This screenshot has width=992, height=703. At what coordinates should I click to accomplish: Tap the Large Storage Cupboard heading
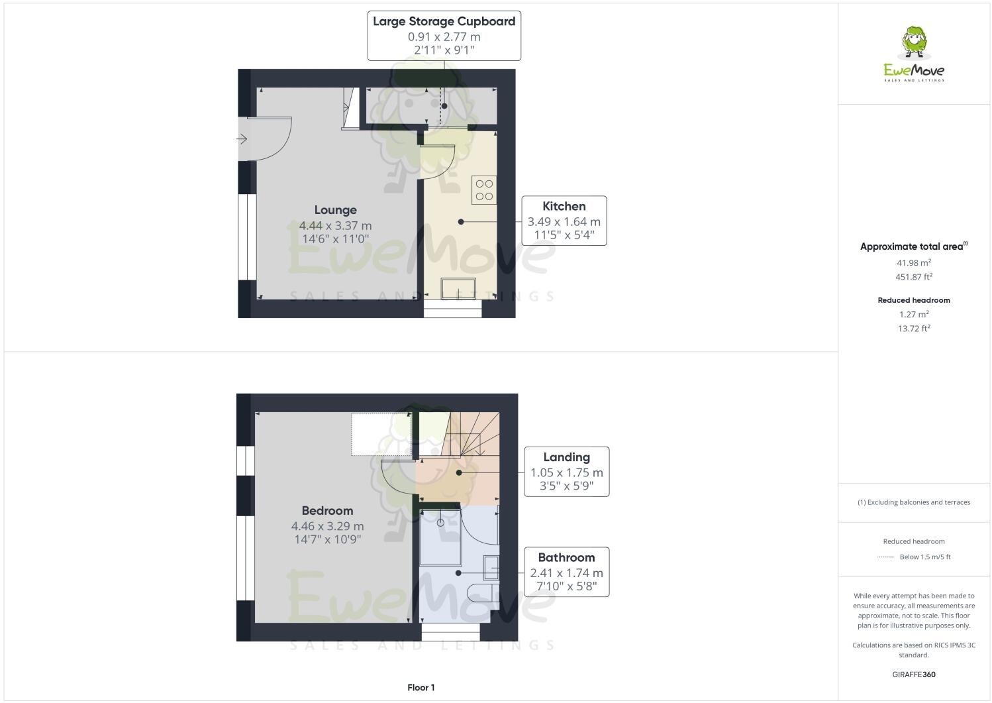[x=444, y=21]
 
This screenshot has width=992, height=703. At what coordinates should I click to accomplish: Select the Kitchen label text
[x=564, y=206]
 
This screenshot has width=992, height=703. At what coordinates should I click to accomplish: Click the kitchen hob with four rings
[x=484, y=190]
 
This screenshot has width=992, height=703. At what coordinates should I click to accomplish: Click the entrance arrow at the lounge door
[x=242, y=139]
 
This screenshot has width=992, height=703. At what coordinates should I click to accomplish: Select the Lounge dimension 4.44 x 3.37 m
[x=335, y=225]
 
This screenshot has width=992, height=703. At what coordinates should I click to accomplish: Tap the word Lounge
[x=335, y=210]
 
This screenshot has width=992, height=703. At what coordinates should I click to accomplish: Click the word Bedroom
[x=327, y=510]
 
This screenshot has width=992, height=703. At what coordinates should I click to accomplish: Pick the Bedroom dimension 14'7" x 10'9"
[x=327, y=539]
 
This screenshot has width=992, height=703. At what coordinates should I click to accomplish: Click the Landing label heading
[x=566, y=457]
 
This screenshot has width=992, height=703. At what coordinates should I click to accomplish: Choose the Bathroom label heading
[x=566, y=557]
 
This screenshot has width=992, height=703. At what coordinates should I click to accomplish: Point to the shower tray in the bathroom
[x=440, y=537]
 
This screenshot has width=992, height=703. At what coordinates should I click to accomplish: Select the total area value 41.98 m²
[x=914, y=262]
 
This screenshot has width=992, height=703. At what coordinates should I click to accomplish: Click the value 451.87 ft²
[x=914, y=277]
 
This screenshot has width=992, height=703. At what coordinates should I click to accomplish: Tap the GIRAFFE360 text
[x=914, y=675]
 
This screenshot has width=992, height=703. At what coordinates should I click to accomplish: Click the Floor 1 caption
[x=421, y=688]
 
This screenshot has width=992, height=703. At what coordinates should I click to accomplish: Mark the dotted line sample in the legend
[x=885, y=557]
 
